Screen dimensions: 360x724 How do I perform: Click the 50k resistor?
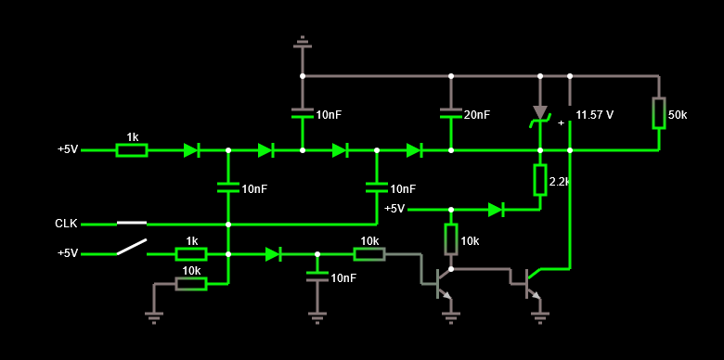pos(658,113)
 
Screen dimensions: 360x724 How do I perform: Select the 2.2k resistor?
pos(539,179)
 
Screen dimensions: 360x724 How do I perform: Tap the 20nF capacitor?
pos(450,114)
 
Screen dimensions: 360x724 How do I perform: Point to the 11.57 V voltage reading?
pos(594,115)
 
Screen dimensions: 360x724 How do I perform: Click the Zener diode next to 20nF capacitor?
pos(539,113)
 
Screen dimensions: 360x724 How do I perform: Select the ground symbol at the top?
pos(302,43)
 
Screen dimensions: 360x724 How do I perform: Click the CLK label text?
pos(66,224)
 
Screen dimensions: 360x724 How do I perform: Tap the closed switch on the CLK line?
pos(132,224)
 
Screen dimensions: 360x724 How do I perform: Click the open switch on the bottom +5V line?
pos(132,249)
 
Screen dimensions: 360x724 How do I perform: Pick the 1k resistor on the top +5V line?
pos(132,149)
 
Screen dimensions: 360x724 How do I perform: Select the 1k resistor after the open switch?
pos(190,253)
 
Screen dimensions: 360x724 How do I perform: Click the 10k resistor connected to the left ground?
pos(190,283)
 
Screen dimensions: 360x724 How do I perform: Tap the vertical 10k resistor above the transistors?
pos(450,238)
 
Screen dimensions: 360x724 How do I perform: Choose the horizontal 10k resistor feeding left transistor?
pos(369,253)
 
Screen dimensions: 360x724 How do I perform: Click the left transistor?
pos(443,282)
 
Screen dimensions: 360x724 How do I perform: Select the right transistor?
pos(533,282)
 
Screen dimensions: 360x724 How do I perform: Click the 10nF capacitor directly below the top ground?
pos(302,114)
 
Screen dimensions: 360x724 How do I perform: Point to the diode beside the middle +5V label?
pos(496,209)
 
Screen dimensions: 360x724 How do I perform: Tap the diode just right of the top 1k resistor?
pos(191,149)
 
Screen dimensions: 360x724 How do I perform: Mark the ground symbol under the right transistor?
pos(539,317)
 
